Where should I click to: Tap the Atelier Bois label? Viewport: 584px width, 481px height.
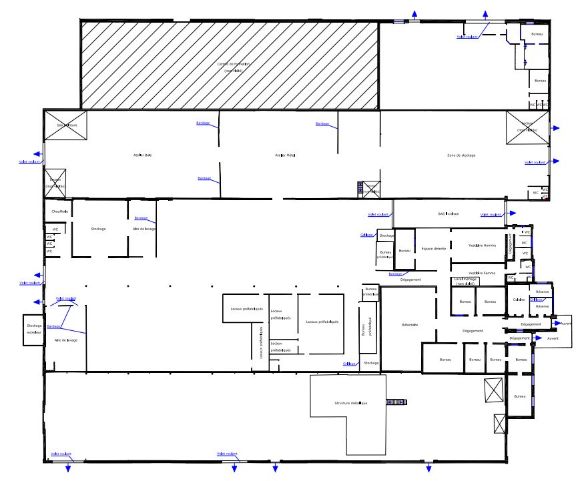pos(143,155)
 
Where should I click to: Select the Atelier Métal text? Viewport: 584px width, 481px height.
pos(285,155)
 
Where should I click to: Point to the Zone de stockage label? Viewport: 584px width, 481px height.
pos(461,155)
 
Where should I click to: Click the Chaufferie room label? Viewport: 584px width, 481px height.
pos(60,211)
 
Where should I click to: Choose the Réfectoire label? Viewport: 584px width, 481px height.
pos(410,325)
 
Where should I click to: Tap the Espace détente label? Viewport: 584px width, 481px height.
pos(433,249)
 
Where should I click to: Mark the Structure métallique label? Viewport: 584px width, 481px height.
pos(351,403)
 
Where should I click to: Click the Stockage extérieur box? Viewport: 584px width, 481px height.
pos(33,330)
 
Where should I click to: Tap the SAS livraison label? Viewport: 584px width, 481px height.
pos(449,213)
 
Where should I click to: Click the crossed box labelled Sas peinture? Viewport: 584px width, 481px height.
pos(65,125)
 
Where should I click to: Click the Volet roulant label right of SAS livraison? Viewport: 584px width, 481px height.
pos(491,215)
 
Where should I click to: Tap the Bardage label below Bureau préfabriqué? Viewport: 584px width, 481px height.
pos(395,274)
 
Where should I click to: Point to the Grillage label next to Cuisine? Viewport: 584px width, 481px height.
pos(537,300)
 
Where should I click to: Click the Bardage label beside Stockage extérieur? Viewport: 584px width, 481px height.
pos(54,326)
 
